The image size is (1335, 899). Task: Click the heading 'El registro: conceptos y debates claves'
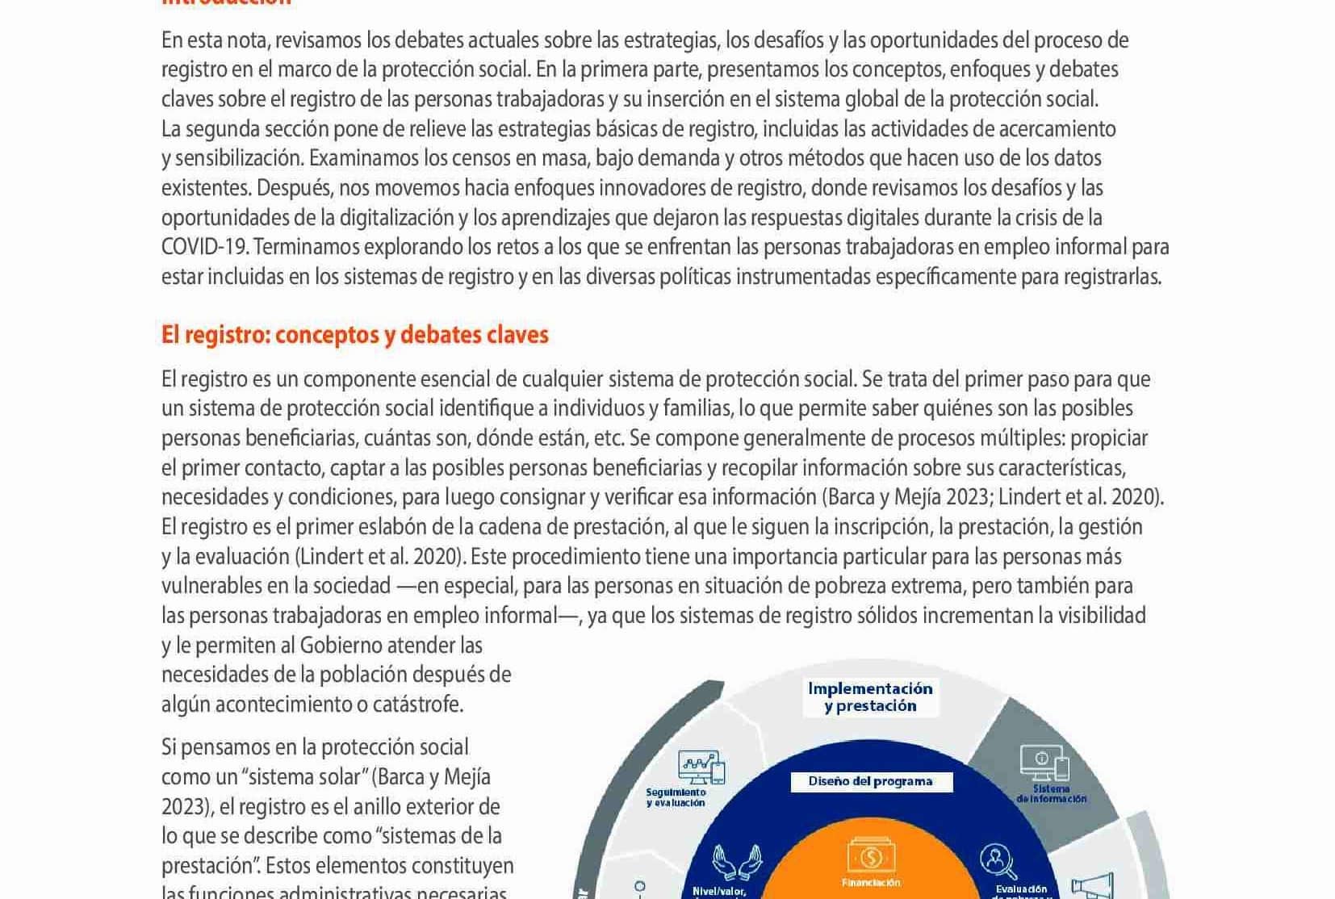354,335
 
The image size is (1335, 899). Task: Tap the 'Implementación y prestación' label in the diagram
870,697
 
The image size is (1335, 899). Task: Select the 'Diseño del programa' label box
871,781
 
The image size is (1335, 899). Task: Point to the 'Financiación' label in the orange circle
871,883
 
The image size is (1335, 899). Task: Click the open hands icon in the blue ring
737,862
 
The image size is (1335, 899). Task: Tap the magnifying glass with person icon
998,861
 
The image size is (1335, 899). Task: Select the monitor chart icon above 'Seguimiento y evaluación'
701,767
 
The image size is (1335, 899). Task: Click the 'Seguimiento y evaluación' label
676,797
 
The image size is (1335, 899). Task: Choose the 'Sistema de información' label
1051,793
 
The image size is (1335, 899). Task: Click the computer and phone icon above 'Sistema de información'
1044,761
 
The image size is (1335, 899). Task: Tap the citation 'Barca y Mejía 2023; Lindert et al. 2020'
992,497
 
